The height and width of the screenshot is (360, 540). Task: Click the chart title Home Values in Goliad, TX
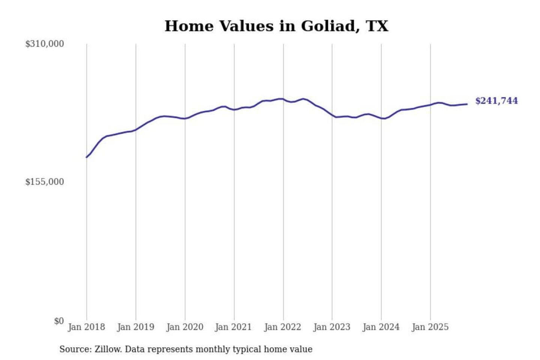pyautogui.click(x=276, y=26)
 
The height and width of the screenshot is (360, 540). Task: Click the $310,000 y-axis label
pyautogui.click(x=45, y=44)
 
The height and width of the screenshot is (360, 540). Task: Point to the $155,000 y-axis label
pyautogui.click(x=45, y=182)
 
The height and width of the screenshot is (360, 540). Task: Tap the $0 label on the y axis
pyautogui.click(x=59, y=321)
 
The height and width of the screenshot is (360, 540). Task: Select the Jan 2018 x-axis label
pyautogui.click(x=86, y=327)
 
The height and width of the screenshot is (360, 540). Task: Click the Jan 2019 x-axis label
pyautogui.click(x=135, y=327)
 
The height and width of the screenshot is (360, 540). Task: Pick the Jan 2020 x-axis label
pyautogui.click(x=184, y=327)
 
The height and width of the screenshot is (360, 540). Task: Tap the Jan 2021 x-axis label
pyautogui.click(x=233, y=327)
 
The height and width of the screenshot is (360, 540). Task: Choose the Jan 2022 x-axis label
pyautogui.click(x=282, y=327)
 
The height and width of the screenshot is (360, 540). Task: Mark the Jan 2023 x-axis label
pyautogui.click(x=331, y=327)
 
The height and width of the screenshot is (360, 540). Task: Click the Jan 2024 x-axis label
pyautogui.click(x=381, y=327)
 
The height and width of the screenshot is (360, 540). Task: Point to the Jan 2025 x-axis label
pyautogui.click(x=430, y=327)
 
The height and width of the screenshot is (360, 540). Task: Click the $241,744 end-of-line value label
pyautogui.click(x=496, y=101)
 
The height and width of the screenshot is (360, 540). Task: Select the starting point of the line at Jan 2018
pyautogui.click(x=87, y=157)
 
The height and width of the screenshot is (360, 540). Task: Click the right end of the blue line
pyautogui.click(x=467, y=104)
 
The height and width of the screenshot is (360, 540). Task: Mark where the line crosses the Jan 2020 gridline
pyautogui.click(x=185, y=118)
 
